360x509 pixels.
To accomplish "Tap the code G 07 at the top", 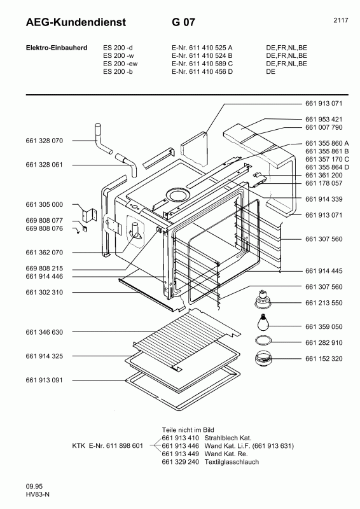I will (x=183, y=23).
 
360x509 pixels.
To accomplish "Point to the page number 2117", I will (x=340, y=20).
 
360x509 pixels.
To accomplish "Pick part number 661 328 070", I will (x=45, y=140).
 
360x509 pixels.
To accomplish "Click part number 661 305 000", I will (x=45, y=204).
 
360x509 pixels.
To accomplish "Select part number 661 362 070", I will (x=45, y=252).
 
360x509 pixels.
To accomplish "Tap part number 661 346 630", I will (x=45, y=332).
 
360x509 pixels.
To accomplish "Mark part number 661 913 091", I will (x=45, y=380).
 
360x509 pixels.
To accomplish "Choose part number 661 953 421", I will (x=324, y=119).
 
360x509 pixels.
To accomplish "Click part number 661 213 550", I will (x=324, y=303).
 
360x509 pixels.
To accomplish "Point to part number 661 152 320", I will (x=324, y=359).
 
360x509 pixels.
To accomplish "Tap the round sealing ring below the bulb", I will (x=264, y=341).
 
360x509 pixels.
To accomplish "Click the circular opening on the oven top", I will (x=177, y=195).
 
